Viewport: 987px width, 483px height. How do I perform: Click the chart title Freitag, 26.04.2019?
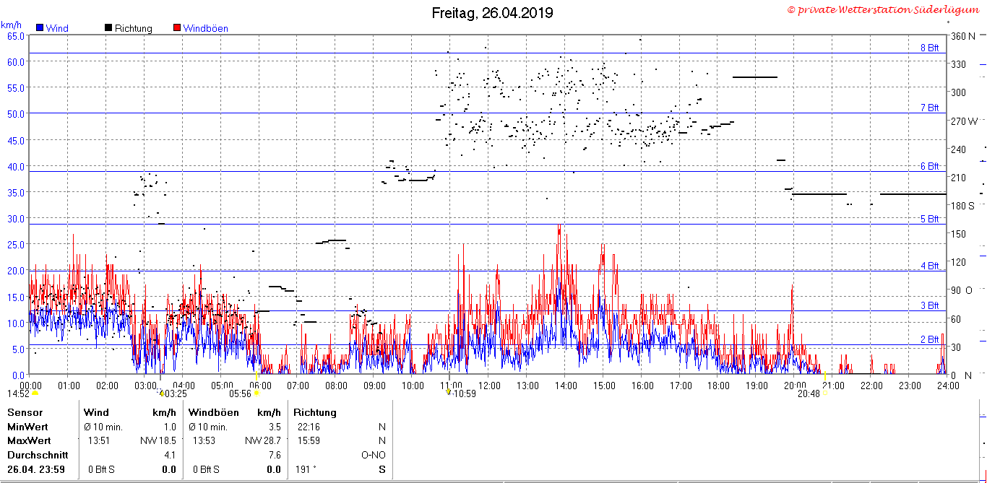pyautogui.click(x=492, y=13)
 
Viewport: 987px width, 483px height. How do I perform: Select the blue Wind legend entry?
pyautogui.click(x=53, y=28)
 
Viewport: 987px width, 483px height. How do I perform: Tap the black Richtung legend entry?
pyautogui.click(x=128, y=28)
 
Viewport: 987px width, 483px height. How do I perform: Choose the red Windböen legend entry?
pyautogui.click(x=201, y=28)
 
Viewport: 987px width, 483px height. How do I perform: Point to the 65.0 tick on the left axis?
pyautogui.click(x=16, y=36)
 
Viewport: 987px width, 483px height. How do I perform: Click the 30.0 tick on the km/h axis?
pyautogui.click(x=16, y=218)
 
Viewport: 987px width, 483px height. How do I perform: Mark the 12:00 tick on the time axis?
pyautogui.click(x=489, y=386)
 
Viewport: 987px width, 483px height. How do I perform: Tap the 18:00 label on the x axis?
pyautogui.click(x=718, y=386)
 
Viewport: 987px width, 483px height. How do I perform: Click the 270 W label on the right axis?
pyautogui.click(x=964, y=121)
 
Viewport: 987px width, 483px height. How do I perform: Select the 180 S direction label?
pyautogui.click(x=962, y=206)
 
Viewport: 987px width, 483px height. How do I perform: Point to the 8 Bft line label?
pyautogui.click(x=930, y=48)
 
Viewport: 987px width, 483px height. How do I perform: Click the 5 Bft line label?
pyautogui.click(x=930, y=219)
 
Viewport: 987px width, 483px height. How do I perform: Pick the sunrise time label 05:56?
pyautogui.click(x=240, y=393)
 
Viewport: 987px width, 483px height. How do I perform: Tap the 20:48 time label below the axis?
pyautogui.click(x=809, y=393)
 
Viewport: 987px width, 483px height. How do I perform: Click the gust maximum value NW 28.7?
pyautogui.click(x=262, y=440)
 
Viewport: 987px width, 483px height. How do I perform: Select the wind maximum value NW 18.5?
pyautogui.click(x=158, y=440)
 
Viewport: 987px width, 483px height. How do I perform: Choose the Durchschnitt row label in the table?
pyautogui.click(x=38, y=456)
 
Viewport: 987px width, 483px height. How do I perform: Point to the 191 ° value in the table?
pyautogui.click(x=306, y=470)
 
